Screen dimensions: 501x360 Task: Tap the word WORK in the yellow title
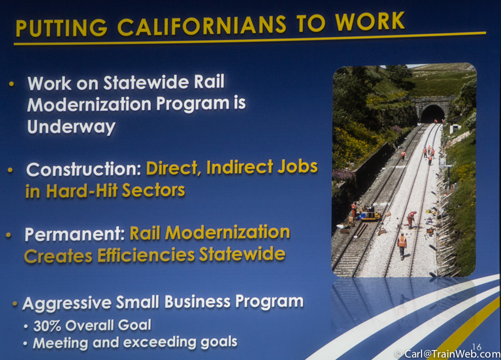369,22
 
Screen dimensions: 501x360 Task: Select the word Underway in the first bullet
71,127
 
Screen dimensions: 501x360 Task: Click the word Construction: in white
84,169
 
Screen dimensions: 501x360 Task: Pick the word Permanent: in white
75,234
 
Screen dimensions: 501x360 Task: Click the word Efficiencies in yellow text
146,255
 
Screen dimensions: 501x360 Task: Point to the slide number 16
477,347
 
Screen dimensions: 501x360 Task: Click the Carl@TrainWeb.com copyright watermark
448,354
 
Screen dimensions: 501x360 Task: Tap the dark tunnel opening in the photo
432,114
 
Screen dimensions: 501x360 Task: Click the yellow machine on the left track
370,214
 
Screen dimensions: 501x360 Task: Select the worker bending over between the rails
411,219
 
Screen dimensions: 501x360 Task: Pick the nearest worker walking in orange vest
402,245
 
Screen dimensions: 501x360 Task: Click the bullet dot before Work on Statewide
12,84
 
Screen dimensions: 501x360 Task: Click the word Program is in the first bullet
200,105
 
